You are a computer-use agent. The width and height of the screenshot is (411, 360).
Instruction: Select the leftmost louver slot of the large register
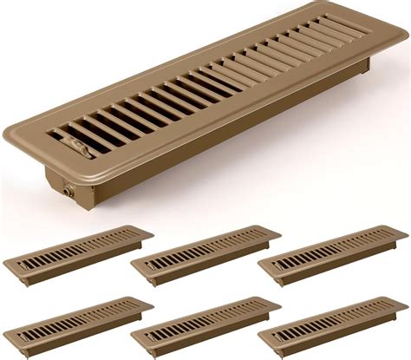point(68,137)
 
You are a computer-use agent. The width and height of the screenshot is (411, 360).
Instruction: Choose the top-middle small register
point(205,253)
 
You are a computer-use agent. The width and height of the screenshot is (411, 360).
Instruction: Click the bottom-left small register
point(78,324)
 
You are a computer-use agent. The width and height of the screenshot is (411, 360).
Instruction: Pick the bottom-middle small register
point(205,324)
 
